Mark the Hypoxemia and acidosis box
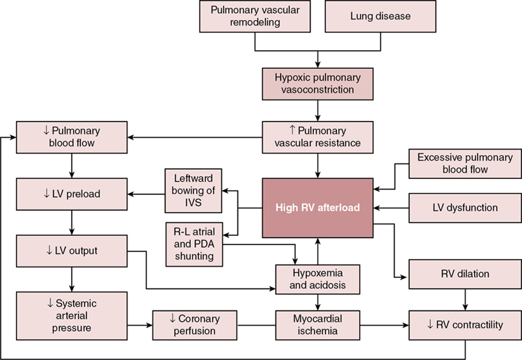(317, 277)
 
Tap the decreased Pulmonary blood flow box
(71, 137)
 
